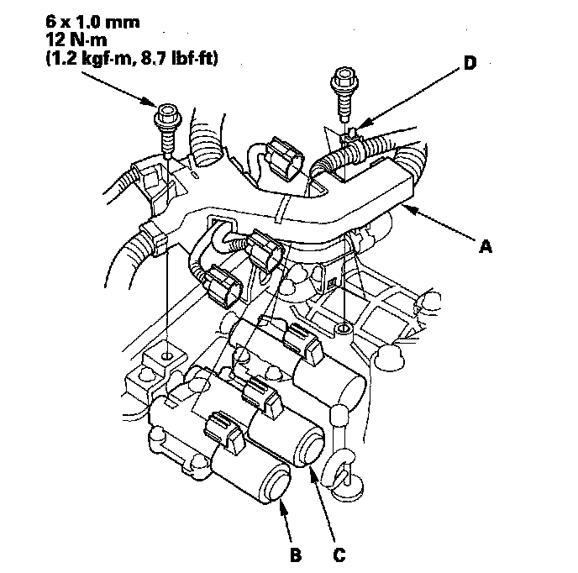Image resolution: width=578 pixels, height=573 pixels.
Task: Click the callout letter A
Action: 484,246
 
